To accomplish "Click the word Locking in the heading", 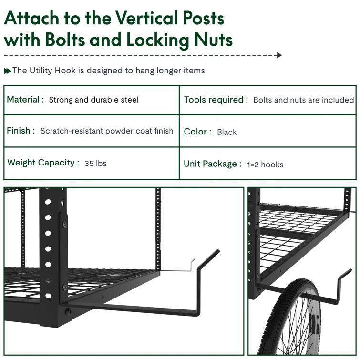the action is [158, 40].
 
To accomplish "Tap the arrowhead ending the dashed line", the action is [279, 55].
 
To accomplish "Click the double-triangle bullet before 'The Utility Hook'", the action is [7, 71].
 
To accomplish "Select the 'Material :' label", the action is [25, 100].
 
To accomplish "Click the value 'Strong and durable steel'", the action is [93, 100].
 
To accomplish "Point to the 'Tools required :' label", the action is [216, 100].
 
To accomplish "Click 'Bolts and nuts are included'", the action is [304, 100].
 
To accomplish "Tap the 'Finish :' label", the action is [21, 131].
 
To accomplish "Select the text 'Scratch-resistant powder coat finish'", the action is [107, 131].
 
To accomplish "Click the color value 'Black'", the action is [227, 132].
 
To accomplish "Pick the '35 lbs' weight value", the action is [95, 163].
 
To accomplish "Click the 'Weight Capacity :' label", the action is [43, 163].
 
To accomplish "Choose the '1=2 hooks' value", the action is [265, 165].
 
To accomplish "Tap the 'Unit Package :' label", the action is [213, 164].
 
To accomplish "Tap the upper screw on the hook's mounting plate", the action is [65, 224].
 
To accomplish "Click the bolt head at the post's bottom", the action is [68, 311].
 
